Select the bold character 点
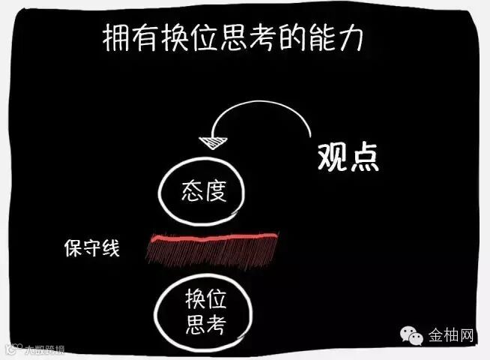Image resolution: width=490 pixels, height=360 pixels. click(365, 156)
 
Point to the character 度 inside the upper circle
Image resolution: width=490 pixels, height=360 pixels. click(215, 193)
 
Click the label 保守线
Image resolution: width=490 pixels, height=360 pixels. click(91, 247)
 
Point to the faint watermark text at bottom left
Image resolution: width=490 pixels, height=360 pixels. click(37, 349)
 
